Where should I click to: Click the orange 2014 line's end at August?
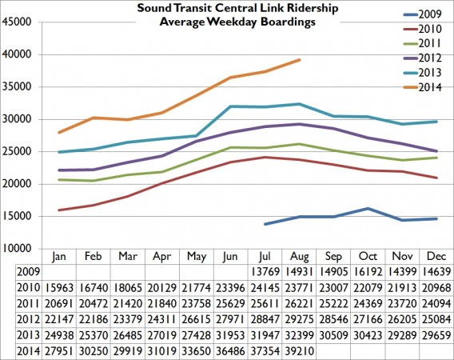tap(299, 60)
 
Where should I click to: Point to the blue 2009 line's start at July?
tap(264, 224)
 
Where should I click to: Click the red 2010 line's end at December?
tap(436, 178)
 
